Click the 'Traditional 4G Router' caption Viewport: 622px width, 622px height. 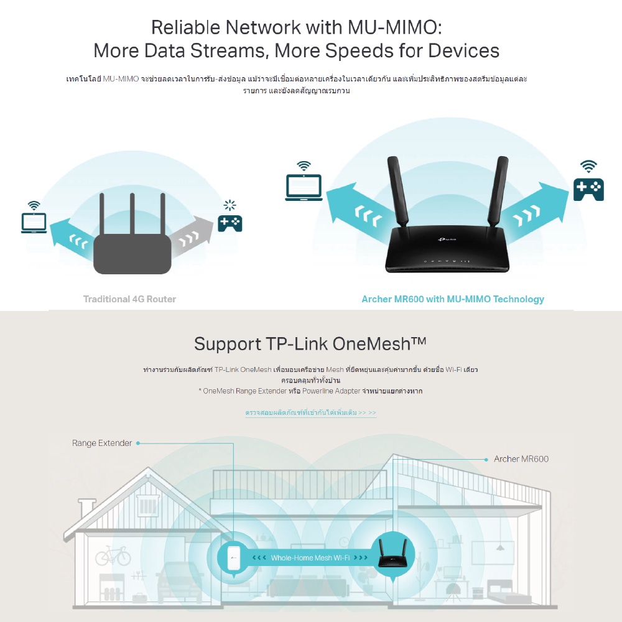tap(129, 299)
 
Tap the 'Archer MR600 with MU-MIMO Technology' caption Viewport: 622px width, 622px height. tap(453, 299)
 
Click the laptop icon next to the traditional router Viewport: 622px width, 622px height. tap(34, 223)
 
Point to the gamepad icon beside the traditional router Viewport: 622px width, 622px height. tap(230, 223)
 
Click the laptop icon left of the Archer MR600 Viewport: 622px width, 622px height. tap(304, 187)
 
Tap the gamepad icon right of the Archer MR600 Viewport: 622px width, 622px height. tap(588, 190)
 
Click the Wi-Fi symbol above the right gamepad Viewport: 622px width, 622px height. tap(588, 166)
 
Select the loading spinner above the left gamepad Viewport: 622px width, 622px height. tap(230, 205)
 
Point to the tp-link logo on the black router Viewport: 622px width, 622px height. tap(447, 239)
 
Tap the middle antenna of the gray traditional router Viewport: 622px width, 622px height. tap(132, 214)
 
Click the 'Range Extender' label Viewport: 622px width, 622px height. tap(102, 443)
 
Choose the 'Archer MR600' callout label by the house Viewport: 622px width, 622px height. tap(521, 459)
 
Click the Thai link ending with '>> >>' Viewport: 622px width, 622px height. tap(310, 412)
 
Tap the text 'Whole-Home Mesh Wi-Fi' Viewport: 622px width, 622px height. tap(310, 558)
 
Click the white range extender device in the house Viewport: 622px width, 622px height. tap(234, 557)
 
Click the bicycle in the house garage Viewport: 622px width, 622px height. tap(113, 555)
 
